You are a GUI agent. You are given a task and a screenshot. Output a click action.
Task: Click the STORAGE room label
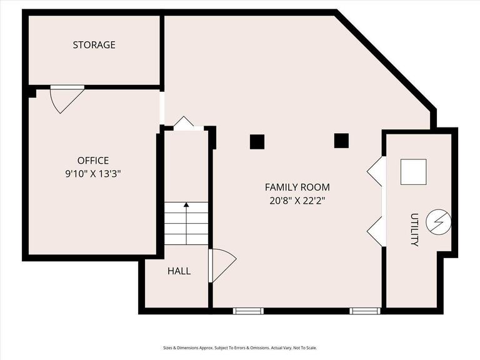[94, 45]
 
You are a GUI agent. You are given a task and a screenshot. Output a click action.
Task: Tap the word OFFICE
[93, 161]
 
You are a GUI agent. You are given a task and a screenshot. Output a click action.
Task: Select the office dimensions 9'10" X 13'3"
[93, 174]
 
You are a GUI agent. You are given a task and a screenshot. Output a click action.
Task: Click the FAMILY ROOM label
[297, 187]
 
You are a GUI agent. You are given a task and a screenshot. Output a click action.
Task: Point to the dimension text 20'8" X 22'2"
[297, 201]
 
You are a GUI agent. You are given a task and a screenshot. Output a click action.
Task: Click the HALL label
[179, 271]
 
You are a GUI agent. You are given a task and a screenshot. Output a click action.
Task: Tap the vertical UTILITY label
[414, 229]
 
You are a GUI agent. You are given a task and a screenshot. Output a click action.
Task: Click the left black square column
[257, 142]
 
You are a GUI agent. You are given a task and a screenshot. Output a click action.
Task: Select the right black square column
[341, 141]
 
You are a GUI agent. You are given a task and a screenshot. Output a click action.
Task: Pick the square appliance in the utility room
[413, 172]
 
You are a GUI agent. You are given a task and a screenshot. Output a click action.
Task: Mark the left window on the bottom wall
[248, 311]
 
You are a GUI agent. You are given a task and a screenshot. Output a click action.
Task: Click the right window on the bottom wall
[365, 311]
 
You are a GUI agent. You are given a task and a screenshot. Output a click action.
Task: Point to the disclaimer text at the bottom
[240, 348]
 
